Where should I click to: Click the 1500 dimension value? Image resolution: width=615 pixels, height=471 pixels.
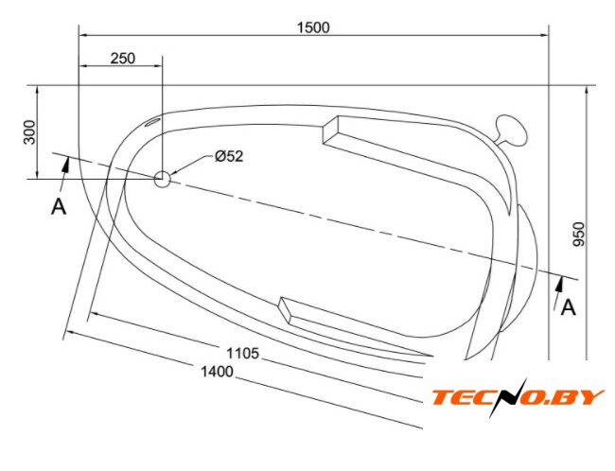(x=313, y=27)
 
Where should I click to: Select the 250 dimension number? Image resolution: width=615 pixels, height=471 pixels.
(x=123, y=59)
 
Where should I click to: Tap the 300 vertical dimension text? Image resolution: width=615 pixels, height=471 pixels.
(x=30, y=132)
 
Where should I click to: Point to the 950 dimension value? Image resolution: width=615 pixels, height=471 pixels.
(x=579, y=235)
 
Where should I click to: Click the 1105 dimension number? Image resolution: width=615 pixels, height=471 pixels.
(x=243, y=354)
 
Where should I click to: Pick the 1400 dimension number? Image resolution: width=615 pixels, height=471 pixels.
(x=217, y=372)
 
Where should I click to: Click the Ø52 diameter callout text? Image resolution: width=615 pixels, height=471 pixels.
(x=229, y=156)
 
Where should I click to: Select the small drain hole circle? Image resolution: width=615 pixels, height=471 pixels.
(x=162, y=179)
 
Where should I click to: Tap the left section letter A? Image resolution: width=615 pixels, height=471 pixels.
(x=59, y=207)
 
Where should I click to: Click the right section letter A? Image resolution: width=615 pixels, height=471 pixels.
(x=569, y=307)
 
